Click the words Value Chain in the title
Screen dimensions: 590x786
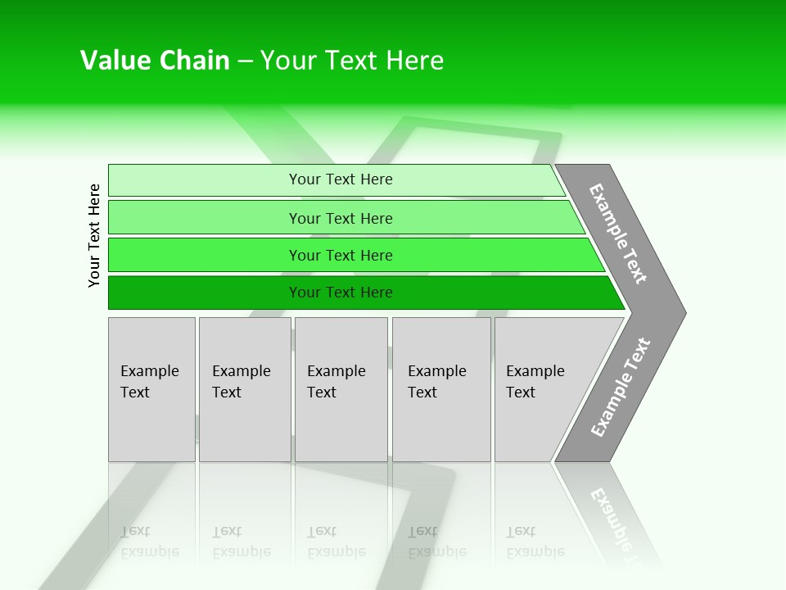[x=155, y=61]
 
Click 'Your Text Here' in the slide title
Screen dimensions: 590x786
[x=352, y=61]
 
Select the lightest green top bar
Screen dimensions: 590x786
[x=205, y=179]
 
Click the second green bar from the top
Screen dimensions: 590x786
[x=205, y=218]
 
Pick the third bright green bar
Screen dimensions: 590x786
[x=205, y=255]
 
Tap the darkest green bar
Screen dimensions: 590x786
[x=205, y=293]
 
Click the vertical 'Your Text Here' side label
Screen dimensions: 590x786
[x=94, y=236]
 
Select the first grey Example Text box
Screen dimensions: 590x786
[x=151, y=389]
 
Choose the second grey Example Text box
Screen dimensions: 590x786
[x=244, y=389]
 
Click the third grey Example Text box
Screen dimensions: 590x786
[x=340, y=389]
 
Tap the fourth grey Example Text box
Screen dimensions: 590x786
[x=440, y=389]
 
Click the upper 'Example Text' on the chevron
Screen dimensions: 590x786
[x=618, y=234]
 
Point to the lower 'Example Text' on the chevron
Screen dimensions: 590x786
[x=620, y=388]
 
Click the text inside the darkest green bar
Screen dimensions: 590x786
[x=341, y=293]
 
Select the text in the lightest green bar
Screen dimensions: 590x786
[x=341, y=179]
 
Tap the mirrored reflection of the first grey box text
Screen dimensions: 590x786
[x=149, y=542]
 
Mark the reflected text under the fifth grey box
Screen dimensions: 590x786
[x=535, y=542]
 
